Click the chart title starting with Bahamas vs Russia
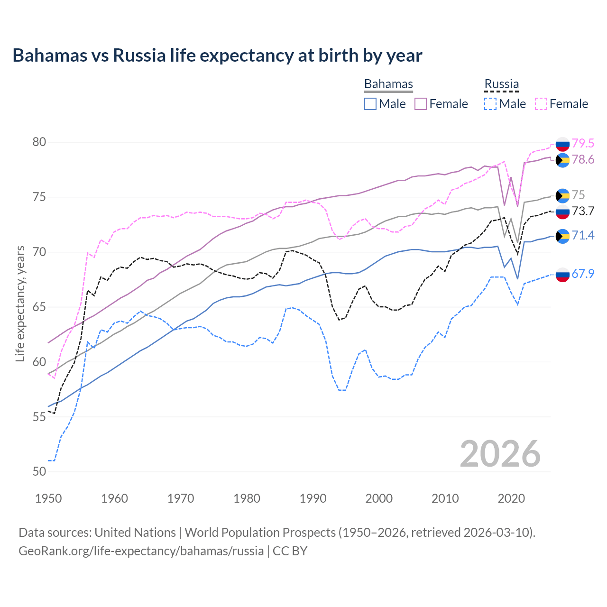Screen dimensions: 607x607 [217, 55]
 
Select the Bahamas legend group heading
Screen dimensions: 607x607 [388, 84]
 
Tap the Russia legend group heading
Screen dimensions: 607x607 [501, 84]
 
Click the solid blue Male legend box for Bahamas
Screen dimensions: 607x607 [370, 104]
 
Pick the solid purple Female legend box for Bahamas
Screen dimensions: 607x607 [421, 104]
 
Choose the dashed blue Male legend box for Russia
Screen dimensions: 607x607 [490, 104]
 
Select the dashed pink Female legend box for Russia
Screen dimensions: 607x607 [541, 104]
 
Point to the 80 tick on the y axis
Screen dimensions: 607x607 [39, 142]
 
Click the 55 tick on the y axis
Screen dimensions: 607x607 [39, 417]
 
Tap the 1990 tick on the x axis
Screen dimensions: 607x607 [313, 498]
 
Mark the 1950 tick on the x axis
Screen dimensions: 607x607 [48, 498]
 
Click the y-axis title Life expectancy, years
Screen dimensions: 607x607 [20, 303]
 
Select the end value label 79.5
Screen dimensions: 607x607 [583, 143]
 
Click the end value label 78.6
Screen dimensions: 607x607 [583, 160]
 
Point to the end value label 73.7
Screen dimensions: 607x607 [583, 212]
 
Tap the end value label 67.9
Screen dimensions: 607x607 [583, 274]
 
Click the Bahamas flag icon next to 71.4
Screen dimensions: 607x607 [562, 236]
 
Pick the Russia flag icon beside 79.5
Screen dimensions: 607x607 [562, 144]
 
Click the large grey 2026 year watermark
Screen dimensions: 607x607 [500, 454]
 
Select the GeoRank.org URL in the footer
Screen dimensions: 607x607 [141, 551]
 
